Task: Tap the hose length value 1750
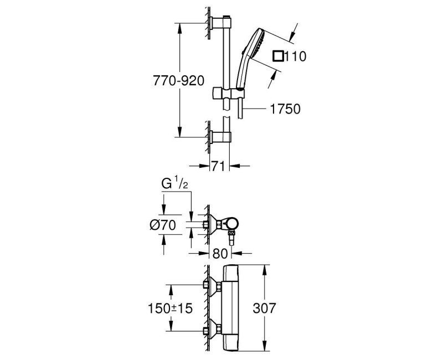[286, 109]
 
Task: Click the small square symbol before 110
[279, 55]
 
